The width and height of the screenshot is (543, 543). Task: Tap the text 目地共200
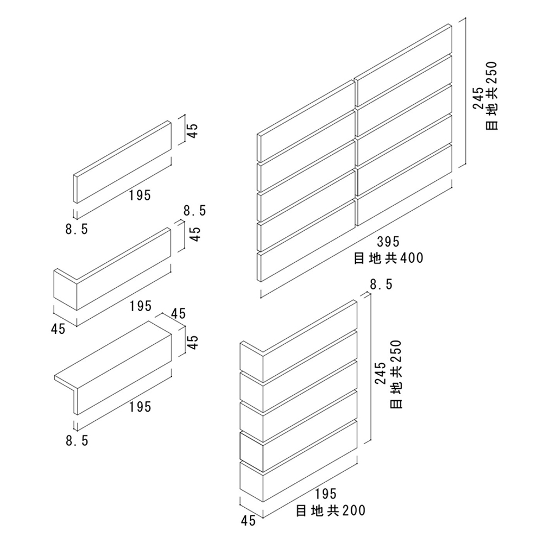tap(331, 510)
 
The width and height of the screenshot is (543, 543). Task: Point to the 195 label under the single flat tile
tap(140, 195)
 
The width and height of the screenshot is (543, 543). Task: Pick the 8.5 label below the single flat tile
tap(77, 229)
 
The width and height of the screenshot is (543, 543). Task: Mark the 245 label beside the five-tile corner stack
tap(381, 375)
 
